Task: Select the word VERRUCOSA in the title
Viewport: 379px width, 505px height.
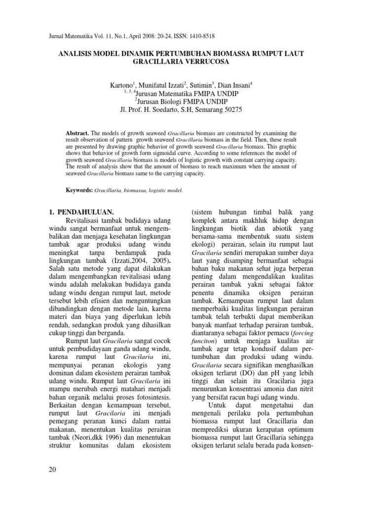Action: pos(210,62)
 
